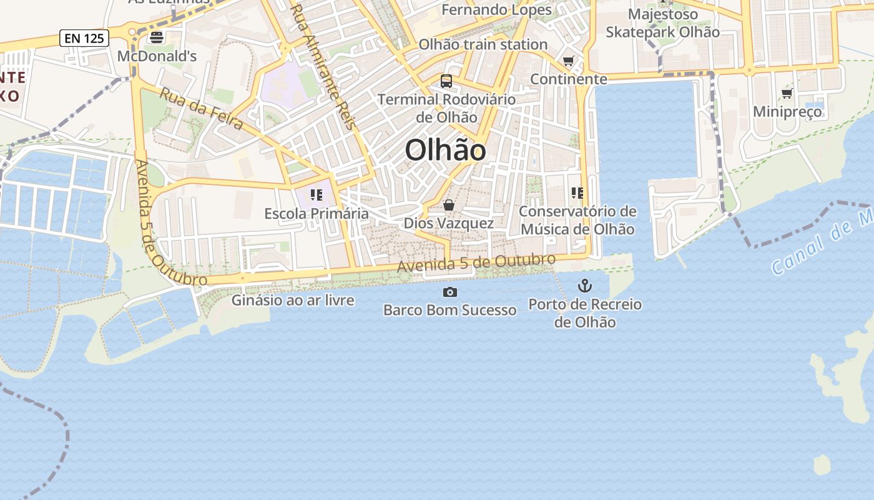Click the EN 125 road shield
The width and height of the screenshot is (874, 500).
tap(84, 38)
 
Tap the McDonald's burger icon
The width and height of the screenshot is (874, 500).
tap(157, 37)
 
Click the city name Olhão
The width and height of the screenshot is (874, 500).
tap(445, 151)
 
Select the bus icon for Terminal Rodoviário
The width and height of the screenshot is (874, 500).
tap(446, 81)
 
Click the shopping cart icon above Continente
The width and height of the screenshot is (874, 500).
tap(568, 61)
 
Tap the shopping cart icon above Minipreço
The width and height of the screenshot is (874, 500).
tap(787, 94)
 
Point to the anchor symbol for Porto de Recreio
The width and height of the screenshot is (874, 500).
tap(585, 286)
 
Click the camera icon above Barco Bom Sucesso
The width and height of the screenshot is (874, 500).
tap(449, 292)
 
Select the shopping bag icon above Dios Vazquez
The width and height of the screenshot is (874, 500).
tap(448, 205)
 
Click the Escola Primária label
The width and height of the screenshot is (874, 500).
tap(317, 214)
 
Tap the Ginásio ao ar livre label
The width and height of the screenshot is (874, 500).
tap(293, 300)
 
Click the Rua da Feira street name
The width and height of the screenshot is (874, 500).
tap(202, 109)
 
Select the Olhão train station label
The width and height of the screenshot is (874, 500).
tap(483, 44)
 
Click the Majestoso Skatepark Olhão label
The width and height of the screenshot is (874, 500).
tap(663, 23)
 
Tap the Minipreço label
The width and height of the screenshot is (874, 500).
tap(787, 112)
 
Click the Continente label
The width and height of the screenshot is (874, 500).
tap(568, 79)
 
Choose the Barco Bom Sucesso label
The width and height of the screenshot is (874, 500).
tap(449, 310)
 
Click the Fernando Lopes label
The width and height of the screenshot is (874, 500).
tap(496, 10)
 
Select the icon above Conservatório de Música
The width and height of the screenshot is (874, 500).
tap(577, 193)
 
